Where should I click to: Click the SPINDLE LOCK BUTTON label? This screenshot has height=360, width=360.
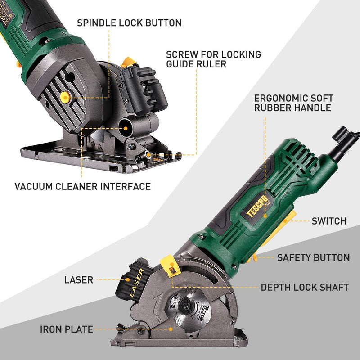(x=129, y=22)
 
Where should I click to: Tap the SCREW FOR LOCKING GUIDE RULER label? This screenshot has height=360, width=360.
(x=213, y=59)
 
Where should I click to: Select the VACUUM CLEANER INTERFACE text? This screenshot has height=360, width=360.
(x=82, y=186)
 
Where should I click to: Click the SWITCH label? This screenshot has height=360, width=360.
(x=329, y=221)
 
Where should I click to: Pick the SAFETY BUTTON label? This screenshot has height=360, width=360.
(x=313, y=258)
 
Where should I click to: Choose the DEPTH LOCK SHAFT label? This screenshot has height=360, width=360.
(x=305, y=287)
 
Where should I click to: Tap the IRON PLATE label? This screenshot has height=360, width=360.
(x=66, y=330)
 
